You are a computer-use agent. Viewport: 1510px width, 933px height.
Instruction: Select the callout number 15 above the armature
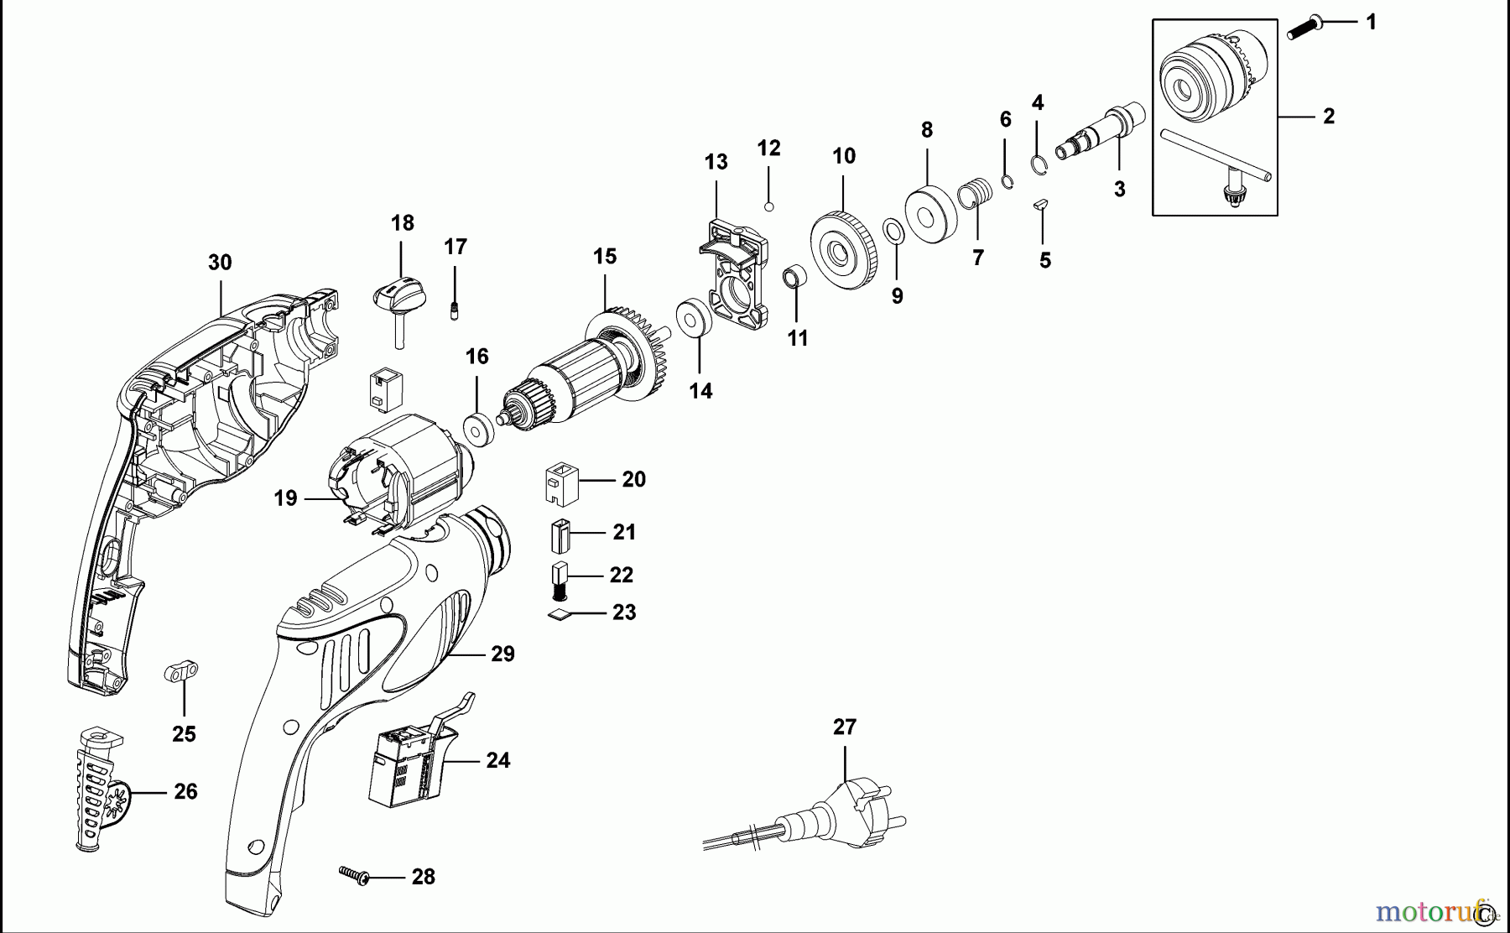coord(605,256)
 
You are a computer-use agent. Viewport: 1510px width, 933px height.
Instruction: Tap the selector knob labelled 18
coord(399,298)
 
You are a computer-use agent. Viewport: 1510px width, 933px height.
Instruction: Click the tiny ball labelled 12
coord(768,205)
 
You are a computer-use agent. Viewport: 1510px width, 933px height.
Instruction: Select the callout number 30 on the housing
coord(220,263)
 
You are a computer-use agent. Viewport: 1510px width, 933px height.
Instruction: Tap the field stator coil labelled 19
coord(394,478)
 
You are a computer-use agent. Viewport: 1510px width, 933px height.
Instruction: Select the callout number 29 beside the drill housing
coord(502,654)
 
